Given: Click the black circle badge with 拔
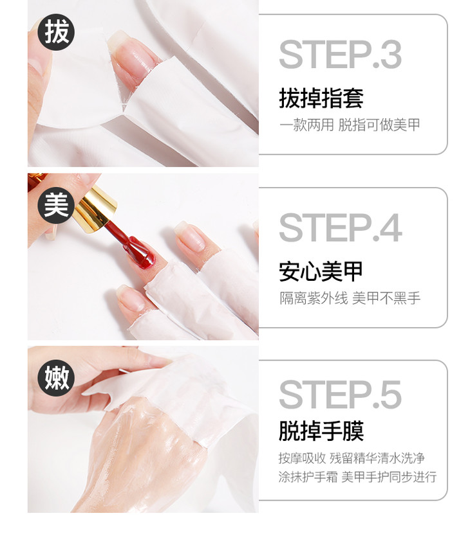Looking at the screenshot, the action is pos(56,32).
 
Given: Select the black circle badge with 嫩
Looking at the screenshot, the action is pos(56,378).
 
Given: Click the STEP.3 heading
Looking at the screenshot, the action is pos(340,55).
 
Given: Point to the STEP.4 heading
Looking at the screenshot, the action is pos(341,228).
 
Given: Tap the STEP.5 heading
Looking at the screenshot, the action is pos(340,395).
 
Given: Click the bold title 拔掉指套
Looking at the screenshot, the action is pos(321,98).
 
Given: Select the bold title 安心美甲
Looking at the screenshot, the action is pos(321,271).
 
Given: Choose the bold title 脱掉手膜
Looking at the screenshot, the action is pos(321,431).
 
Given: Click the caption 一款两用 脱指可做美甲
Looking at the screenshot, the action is pos(350,125).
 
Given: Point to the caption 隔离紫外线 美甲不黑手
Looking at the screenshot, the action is pos(350,298).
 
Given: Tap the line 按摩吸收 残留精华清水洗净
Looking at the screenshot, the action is pos(352,458).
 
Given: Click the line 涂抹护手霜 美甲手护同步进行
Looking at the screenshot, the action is pos(357,476).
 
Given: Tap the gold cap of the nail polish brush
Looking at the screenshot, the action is pos(95,205).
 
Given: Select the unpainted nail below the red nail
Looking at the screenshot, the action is pos(131,297).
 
